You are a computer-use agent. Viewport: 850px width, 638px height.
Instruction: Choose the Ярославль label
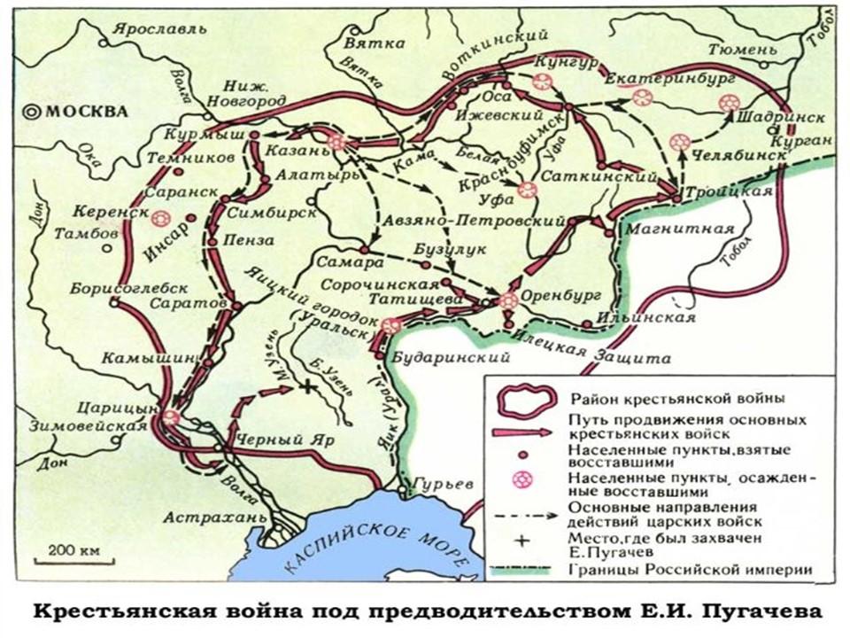click(144, 27)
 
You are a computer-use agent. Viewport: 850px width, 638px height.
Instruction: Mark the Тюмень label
click(749, 50)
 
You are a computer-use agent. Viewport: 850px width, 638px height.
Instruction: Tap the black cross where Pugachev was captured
click(306, 386)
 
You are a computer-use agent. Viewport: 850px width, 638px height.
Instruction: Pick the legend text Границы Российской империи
click(685, 570)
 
